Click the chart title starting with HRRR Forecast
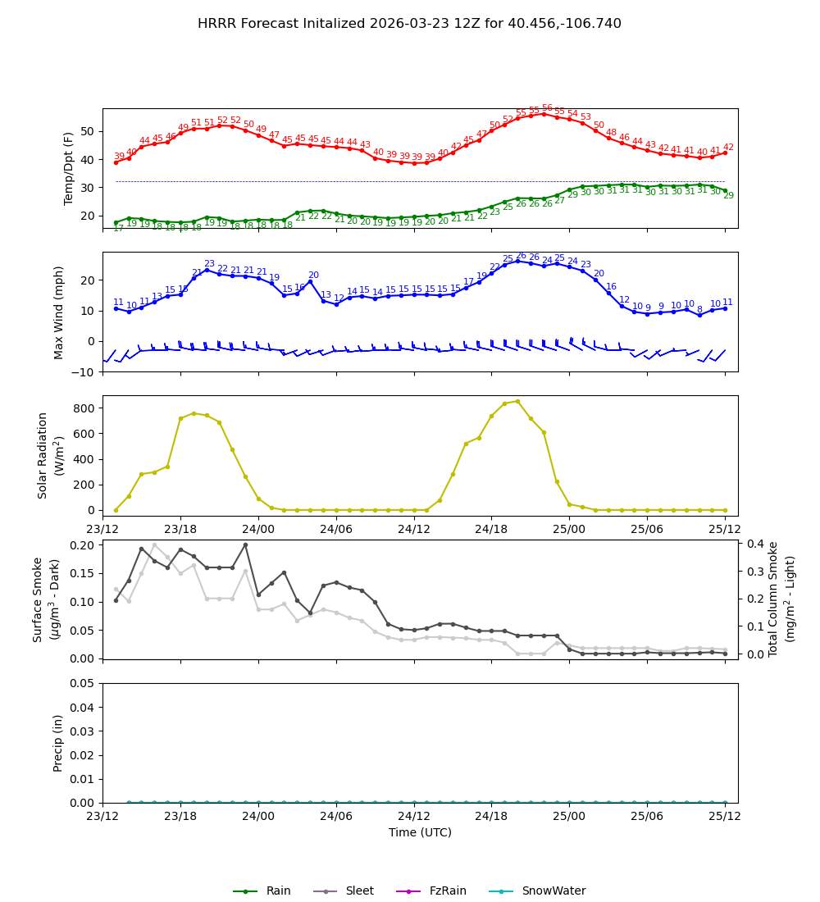[x=409, y=24]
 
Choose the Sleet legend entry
[x=362, y=891]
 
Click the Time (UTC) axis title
[x=420, y=832]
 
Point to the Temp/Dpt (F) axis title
[x=69, y=168]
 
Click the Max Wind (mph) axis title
[x=59, y=312]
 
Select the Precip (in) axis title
[x=58, y=743]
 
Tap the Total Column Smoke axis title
[x=782, y=599]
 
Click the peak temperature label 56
[x=547, y=108]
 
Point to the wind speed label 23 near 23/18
[x=209, y=264]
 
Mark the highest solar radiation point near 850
[x=517, y=401]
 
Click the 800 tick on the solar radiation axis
[x=84, y=408]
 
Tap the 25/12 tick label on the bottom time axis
[x=724, y=817]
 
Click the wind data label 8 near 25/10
[x=699, y=310]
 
